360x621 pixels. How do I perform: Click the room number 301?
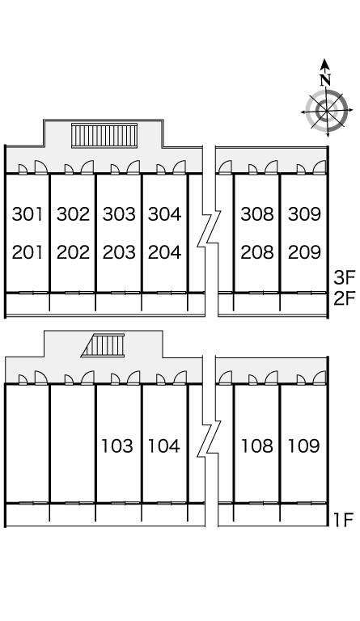[28, 213]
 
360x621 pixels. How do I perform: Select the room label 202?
[74, 252]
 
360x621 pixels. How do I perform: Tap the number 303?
[119, 213]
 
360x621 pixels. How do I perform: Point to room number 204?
[165, 252]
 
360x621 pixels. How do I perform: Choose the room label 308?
[257, 213]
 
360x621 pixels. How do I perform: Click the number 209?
[304, 252]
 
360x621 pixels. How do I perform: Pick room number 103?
[117, 446]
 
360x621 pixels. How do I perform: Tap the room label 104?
[164, 446]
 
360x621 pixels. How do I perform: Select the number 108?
[257, 446]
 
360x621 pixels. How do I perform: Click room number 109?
[303, 446]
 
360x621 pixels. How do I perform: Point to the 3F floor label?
[344, 277]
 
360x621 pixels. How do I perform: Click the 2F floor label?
[344, 298]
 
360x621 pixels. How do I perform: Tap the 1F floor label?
[343, 520]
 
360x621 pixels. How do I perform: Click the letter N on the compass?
[325, 80]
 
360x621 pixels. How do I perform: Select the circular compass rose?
[327, 111]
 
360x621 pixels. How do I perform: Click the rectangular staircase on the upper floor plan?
[104, 136]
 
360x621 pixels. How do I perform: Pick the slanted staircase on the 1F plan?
[103, 345]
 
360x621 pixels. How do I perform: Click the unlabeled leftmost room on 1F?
[28, 444]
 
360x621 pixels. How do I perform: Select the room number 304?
[165, 213]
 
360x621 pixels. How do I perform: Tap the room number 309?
[304, 213]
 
